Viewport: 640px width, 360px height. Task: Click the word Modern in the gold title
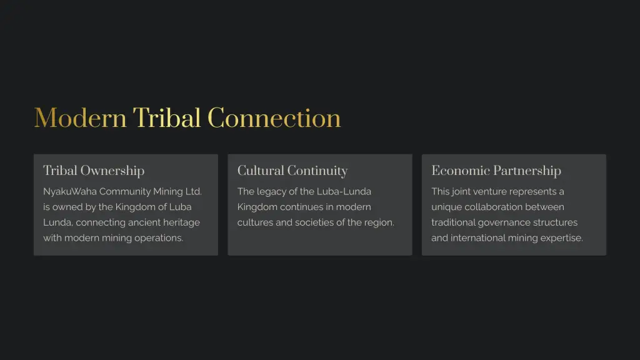tap(81, 118)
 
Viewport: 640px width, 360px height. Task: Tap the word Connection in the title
tap(274, 118)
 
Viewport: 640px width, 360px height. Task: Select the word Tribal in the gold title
tap(167, 118)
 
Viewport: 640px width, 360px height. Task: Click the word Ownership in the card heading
tap(112, 171)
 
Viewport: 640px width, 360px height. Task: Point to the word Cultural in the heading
tap(261, 171)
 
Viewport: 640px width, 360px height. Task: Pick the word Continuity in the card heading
tap(317, 171)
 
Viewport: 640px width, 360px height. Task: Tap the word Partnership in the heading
tap(527, 171)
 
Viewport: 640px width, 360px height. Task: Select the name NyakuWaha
tap(70, 191)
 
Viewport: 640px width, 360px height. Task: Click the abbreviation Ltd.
tap(194, 191)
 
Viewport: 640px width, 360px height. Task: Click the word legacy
tap(271, 192)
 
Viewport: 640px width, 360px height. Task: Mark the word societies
tap(314, 222)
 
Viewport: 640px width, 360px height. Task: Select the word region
tap(379, 223)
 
